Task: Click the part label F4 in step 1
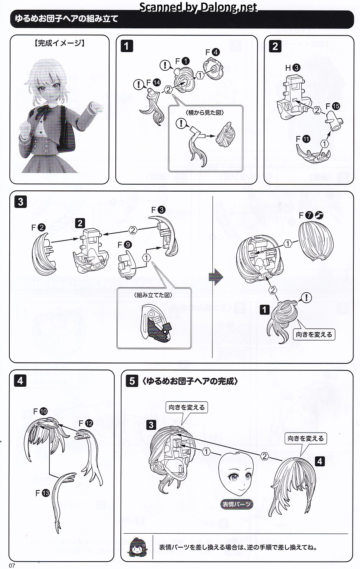pos(212,52)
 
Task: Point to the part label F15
pos(332,106)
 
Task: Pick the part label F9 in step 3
pos(125,244)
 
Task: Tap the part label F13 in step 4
pos(43,493)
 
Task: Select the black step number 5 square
pos(132,381)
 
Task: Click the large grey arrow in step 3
pos(216,277)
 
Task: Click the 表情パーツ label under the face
pos(237,504)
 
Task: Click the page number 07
pos(12,565)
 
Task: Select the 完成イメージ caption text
pos(59,43)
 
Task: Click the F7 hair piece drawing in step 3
pos(316,241)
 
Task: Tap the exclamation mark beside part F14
pos(138,84)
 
